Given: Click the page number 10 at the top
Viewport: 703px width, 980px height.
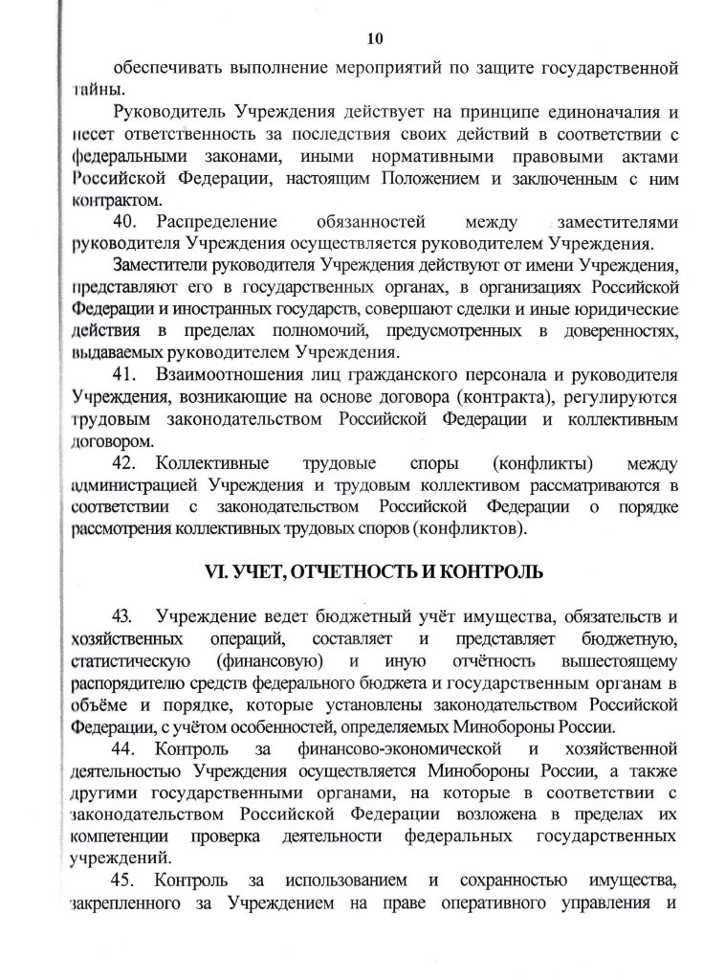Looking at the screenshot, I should click(374, 38).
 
